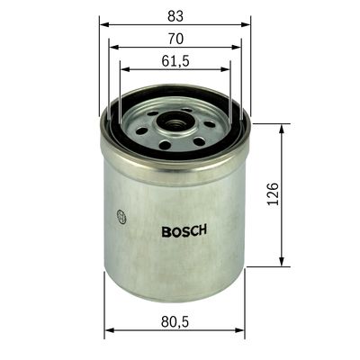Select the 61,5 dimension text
[x=175, y=62]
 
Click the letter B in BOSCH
[x=166, y=229]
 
